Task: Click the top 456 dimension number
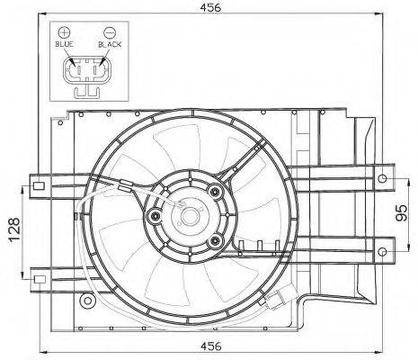tap(210, 7)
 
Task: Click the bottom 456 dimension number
tap(210, 346)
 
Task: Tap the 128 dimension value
tap(14, 229)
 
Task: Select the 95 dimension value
tap(402, 212)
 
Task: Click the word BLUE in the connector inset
tap(64, 44)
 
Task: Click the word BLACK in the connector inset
tap(110, 44)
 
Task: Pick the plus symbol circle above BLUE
tap(64, 32)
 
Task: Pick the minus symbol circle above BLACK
tap(110, 32)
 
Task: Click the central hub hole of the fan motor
tap(190, 216)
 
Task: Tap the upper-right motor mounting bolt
tap(215, 191)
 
